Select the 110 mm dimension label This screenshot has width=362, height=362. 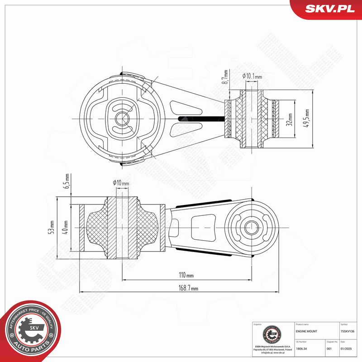186,275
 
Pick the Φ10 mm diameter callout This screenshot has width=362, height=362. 121,183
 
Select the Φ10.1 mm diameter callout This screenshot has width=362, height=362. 252,76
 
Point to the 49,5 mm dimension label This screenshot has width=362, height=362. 307,119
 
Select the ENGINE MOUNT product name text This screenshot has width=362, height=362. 306,331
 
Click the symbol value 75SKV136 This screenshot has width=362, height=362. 348,331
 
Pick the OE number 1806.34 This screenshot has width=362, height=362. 301,348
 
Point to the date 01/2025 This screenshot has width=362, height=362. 345,348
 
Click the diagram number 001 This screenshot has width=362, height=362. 329,348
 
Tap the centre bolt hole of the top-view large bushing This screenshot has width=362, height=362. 121,119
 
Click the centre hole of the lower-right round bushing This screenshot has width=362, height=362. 249,225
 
